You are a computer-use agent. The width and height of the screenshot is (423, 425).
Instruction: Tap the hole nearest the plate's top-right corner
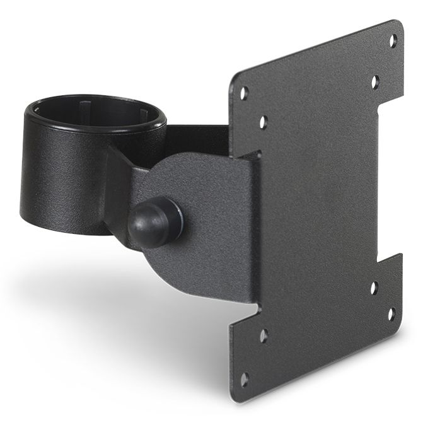[392, 40]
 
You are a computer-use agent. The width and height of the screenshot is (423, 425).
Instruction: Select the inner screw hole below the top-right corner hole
[375, 81]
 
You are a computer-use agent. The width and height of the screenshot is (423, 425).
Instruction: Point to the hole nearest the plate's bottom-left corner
[244, 379]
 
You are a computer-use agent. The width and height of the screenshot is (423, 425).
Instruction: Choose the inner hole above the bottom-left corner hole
[264, 335]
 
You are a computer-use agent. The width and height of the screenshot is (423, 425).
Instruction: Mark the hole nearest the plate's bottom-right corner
[391, 313]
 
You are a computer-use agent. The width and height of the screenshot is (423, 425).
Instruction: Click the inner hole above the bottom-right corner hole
[374, 289]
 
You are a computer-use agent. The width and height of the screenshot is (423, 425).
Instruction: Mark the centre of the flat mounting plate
[315, 208]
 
